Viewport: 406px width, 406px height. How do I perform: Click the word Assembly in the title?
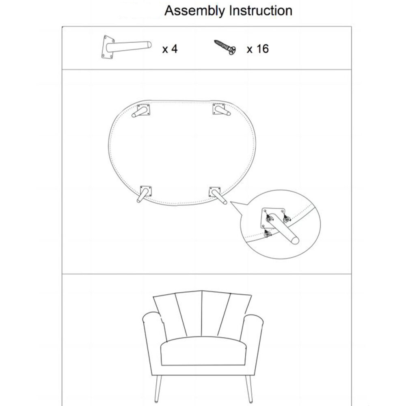195,11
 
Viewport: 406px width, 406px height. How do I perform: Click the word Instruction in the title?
261,11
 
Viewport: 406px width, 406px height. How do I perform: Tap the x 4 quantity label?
170,49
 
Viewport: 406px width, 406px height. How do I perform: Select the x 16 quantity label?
258,49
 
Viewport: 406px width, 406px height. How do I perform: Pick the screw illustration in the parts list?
225,47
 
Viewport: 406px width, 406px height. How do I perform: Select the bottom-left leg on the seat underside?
144,194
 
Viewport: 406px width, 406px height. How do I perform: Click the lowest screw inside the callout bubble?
267,234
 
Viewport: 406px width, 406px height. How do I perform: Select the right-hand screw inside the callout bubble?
287,219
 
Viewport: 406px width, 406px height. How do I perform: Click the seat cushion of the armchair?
203,351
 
